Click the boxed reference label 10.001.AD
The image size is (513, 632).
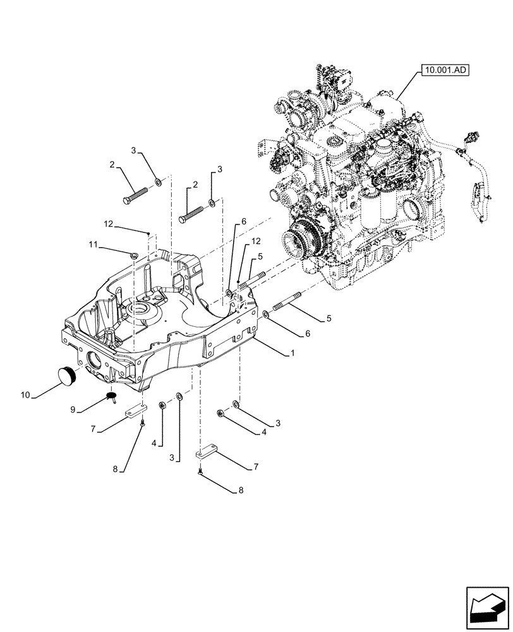click(x=442, y=71)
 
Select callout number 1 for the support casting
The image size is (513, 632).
click(x=292, y=355)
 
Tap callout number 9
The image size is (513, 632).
click(x=74, y=410)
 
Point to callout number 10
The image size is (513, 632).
click(x=25, y=395)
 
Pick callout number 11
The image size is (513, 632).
click(x=93, y=244)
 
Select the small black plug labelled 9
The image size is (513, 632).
click(x=113, y=397)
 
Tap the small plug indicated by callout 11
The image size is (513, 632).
click(x=133, y=255)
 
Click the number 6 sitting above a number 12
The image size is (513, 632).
click(x=243, y=223)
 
